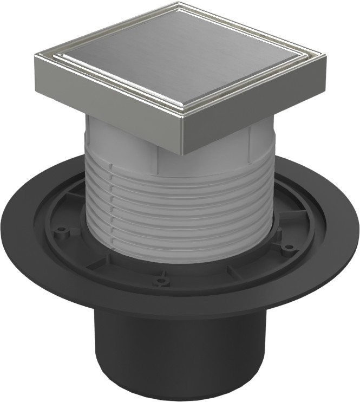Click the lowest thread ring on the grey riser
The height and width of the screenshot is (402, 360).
click(x=179, y=255)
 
